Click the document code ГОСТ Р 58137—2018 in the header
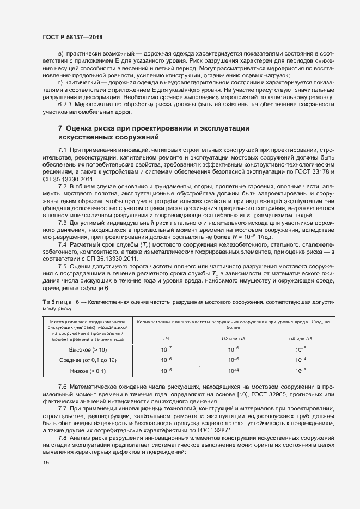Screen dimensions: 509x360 tap(72, 37)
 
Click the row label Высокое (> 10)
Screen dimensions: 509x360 tap(87, 349)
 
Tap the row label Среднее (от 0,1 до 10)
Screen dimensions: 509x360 tap(87, 360)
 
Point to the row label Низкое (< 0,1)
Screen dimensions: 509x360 tap(87, 371)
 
